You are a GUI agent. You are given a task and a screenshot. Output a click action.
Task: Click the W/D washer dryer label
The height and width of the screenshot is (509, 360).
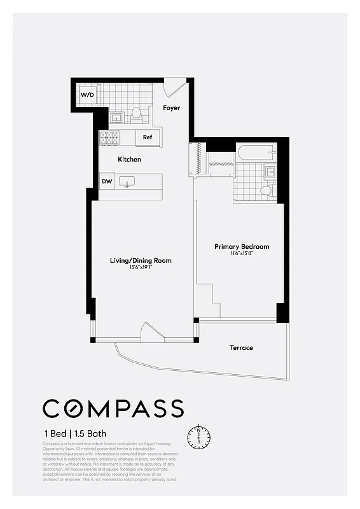(87, 95)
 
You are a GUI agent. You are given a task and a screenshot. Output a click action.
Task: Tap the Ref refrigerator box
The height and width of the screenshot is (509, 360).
(147, 137)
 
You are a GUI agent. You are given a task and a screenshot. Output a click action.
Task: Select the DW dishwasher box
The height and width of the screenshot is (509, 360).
(107, 182)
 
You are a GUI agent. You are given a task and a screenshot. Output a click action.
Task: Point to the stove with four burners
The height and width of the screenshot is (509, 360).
(109, 137)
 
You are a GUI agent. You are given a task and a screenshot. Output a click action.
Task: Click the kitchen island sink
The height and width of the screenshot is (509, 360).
(127, 182)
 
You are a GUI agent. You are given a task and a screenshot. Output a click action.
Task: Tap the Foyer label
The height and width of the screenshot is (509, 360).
(171, 108)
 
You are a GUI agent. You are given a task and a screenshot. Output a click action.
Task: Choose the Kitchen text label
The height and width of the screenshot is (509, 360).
(129, 159)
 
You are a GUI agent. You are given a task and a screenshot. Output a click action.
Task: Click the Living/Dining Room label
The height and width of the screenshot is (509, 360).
(141, 260)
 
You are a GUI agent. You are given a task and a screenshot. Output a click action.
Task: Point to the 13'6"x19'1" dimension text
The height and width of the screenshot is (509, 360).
(141, 267)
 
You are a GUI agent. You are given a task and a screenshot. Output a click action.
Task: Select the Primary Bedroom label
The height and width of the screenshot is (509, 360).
(242, 246)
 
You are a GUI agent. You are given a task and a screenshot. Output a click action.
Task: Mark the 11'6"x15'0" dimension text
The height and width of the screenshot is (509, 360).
(242, 253)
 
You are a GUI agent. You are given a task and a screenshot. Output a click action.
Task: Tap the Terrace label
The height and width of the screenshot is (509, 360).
(241, 347)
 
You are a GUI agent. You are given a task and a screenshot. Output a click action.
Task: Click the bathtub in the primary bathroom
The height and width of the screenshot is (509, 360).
(256, 153)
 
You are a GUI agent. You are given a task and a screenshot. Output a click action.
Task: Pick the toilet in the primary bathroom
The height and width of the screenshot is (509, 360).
(267, 190)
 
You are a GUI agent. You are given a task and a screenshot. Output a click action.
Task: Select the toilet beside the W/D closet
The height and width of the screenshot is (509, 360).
(135, 115)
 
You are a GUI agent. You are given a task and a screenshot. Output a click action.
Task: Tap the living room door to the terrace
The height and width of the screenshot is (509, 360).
(151, 333)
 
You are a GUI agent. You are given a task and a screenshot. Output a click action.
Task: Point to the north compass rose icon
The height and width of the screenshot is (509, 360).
(198, 436)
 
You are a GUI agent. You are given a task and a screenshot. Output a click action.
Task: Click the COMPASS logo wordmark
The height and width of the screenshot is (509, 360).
(113, 408)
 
